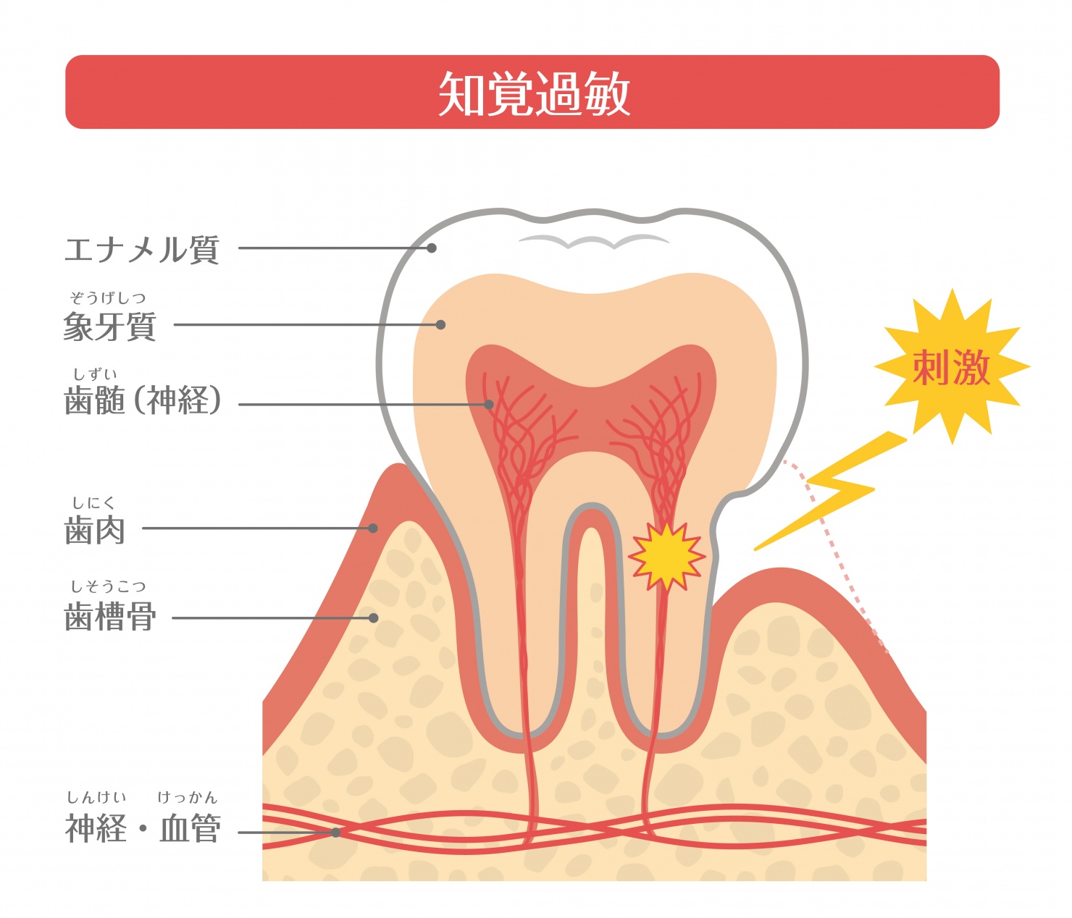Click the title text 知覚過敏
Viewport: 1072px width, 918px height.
click(534, 93)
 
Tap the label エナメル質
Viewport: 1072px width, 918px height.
click(142, 250)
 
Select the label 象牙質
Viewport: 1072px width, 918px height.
click(109, 327)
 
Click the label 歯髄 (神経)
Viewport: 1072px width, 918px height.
click(143, 400)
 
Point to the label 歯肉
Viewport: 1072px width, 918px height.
click(94, 530)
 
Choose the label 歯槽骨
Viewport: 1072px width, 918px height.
click(109, 616)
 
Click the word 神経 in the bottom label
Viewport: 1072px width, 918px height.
click(96, 828)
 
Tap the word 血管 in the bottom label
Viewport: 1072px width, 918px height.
click(190, 828)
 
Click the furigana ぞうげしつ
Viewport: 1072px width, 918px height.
click(108, 298)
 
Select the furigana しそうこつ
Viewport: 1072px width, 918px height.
click(108, 586)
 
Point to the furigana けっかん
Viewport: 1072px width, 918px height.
click(187, 797)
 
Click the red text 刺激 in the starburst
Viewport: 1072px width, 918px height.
click(952, 368)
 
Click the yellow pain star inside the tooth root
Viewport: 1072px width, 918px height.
click(666, 557)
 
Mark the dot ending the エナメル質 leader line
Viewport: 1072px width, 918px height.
click(432, 248)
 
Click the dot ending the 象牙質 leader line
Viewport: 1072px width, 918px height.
click(440, 325)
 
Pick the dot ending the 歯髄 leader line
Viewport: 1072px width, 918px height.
click(488, 404)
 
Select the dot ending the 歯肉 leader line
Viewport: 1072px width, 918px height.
click(372, 529)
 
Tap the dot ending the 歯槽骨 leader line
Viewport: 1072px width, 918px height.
click(373, 618)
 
